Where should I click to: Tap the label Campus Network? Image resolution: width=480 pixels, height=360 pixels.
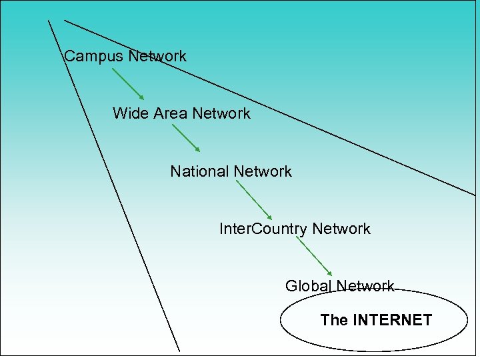125,57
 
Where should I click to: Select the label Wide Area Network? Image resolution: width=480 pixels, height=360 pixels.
181,113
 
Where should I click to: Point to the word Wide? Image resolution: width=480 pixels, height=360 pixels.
131,113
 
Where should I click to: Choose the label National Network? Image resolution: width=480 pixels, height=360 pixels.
231,171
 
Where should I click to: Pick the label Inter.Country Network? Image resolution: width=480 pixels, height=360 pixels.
295,229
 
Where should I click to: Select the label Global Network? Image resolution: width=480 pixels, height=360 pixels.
340,286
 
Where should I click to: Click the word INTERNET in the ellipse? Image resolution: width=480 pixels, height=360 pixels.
392,320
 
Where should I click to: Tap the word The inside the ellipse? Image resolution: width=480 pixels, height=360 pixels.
334,320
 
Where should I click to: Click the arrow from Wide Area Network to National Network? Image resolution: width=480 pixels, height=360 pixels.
186,139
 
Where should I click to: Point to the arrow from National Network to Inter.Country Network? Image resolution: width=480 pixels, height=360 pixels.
254,199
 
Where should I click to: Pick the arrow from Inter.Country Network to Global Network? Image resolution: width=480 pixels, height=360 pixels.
314,257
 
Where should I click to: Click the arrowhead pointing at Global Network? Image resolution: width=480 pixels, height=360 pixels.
329,273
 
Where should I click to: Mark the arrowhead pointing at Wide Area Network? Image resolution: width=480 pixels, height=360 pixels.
141,97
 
